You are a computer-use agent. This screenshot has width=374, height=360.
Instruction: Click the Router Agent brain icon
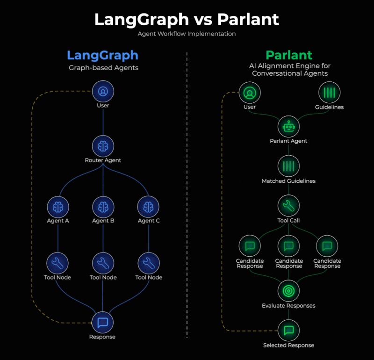click(x=103, y=146)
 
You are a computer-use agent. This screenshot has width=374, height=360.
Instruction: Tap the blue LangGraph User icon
click(x=103, y=91)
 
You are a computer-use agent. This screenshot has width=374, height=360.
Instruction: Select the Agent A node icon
click(x=58, y=207)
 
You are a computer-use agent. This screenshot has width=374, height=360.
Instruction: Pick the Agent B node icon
click(x=103, y=207)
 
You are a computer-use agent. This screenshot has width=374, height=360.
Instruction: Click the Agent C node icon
click(x=148, y=207)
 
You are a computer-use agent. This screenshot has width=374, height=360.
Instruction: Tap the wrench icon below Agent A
click(x=58, y=263)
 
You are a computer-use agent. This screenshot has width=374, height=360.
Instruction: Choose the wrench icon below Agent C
click(x=149, y=263)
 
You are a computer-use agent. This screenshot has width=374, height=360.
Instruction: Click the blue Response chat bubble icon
click(x=103, y=322)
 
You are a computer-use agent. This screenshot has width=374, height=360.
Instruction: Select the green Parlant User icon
click(x=250, y=93)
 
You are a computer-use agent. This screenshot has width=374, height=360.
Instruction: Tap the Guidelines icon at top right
click(x=330, y=93)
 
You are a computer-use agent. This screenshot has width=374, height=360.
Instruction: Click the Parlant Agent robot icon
click(x=288, y=126)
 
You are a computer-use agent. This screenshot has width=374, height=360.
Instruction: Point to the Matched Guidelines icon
click(x=288, y=166)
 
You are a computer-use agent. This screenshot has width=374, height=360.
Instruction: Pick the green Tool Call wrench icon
click(x=288, y=206)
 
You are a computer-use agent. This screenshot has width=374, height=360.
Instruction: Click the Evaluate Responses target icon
click(x=288, y=291)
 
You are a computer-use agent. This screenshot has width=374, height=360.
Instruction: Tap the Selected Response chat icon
click(x=288, y=331)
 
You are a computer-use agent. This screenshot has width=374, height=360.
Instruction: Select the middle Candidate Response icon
click(x=288, y=246)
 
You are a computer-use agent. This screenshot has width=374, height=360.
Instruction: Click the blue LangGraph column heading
click(x=102, y=56)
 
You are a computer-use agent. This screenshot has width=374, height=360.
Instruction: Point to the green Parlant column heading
click(x=289, y=55)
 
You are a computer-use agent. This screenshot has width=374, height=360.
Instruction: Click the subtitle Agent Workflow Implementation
click(x=187, y=34)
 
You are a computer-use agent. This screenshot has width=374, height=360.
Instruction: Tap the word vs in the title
click(x=203, y=20)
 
